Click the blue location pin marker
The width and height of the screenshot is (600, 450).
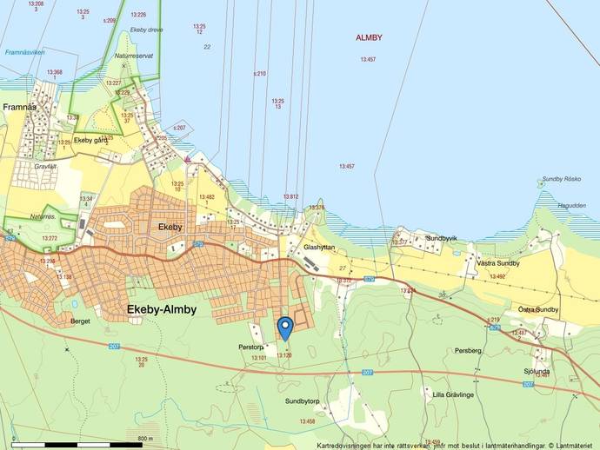click(284, 328)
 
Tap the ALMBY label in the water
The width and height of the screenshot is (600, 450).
click(369, 37)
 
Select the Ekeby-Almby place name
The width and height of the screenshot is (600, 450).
click(162, 309)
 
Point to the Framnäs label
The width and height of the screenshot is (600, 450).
click(17, 107)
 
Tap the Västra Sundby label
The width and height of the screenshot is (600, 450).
click(498, 262)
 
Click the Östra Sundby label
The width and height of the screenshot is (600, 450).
click(538, 309)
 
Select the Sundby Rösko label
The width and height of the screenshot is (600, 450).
click(561, 180)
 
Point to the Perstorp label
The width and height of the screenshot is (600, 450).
click(250, 347)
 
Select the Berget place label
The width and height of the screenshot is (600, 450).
click(78, 321)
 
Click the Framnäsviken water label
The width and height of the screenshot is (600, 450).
click(24, 52)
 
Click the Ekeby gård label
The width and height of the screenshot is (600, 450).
click(90, 140)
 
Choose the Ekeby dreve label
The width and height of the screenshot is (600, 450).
click(147, 30)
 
